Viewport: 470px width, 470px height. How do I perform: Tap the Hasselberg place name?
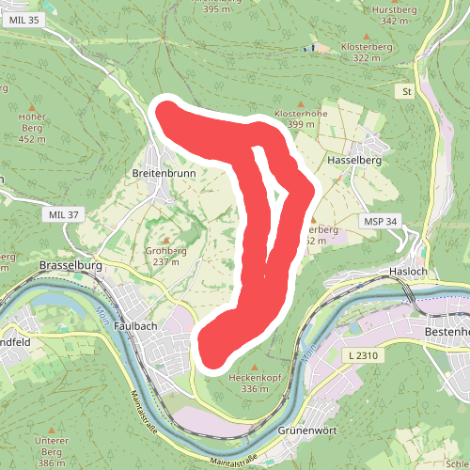click(x=354, y=161)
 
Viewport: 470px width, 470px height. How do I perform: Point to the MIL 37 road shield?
click(x=63, y=215)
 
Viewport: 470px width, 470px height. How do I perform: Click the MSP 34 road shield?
click(x=381, y=221)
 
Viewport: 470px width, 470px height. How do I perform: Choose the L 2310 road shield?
click(x=362, y=355)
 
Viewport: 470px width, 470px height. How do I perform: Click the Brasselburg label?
click(x=70, y=266)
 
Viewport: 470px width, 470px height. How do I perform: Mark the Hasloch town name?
click(x=407, y=272)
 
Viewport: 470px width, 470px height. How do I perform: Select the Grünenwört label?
click(x=306, y=431)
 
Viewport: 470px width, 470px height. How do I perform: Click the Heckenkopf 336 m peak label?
click(x=256, y=383)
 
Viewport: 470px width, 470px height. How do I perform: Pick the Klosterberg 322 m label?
click(x=366, y=51)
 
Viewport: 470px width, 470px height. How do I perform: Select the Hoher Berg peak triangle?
click(x=32, y=106)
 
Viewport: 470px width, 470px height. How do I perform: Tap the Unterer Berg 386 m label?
click(x=52, y=446)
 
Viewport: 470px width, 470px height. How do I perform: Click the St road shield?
click(x=406, y=92)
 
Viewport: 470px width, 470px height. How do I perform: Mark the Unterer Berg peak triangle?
click(x=52, y=429)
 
